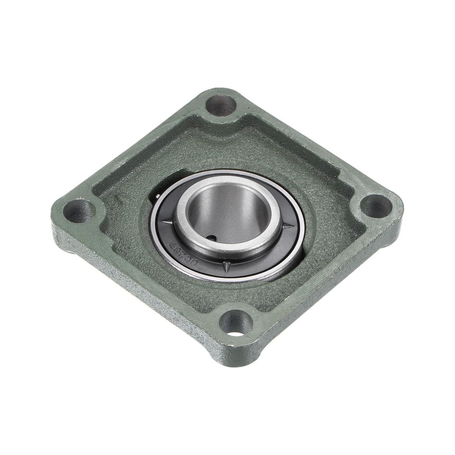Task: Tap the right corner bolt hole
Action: [376, 206]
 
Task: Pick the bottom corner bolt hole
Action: [236, 323]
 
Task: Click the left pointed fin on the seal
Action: [166, 222]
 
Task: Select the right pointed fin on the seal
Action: [287, 225]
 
